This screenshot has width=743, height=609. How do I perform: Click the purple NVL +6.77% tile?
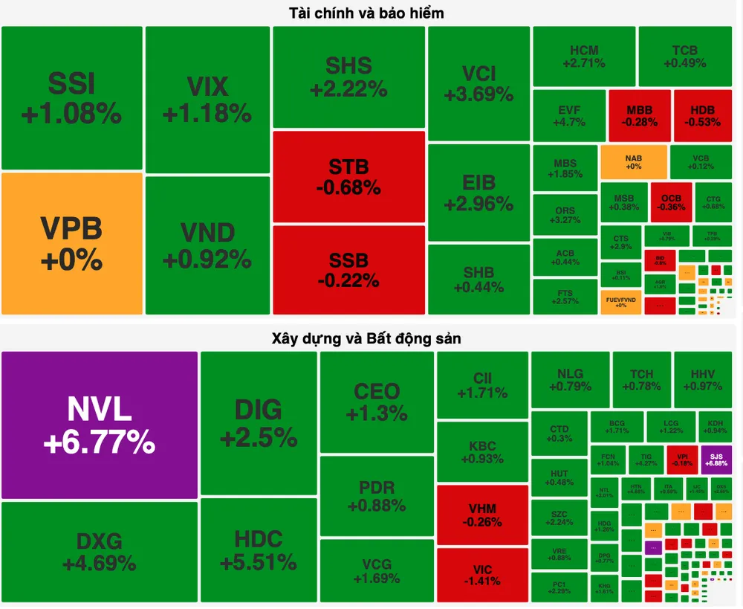[x=100, y=425]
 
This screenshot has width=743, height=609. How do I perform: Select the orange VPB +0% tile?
[x=71, y=244]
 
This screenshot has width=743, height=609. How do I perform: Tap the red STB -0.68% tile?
[x=348, y=176]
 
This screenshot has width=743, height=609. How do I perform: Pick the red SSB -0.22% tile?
[x=348, y=269]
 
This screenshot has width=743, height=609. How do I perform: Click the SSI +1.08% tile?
[x=71, y=97]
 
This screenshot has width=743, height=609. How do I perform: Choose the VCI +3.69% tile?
[x=478, y=83]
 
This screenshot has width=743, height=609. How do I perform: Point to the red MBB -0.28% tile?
[x=639, y=115]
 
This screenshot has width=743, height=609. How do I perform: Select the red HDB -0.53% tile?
[x=702, y=115]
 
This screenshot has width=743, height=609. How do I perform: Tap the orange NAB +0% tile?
[x=633, y=162]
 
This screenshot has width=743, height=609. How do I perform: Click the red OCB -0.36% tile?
[x=671, y=202]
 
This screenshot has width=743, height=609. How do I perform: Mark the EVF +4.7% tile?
[x=569, y=115]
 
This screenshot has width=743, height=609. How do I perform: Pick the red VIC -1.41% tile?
[x=482, y=575]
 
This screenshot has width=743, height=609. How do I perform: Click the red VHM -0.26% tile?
[x=482, y=515]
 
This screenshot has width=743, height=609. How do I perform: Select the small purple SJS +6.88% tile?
[x=716, y=460]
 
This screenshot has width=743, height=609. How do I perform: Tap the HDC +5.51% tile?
[x=259, y=550]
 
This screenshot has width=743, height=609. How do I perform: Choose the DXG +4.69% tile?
[x=100, y=551]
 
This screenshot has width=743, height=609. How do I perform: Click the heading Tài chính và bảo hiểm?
[x=367, y=13]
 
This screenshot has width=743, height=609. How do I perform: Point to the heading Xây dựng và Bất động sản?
[x=367, y=338]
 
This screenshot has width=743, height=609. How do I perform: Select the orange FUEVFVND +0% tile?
[x=620, y=301]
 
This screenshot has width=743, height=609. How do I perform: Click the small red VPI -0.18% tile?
[x=682, y=460]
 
